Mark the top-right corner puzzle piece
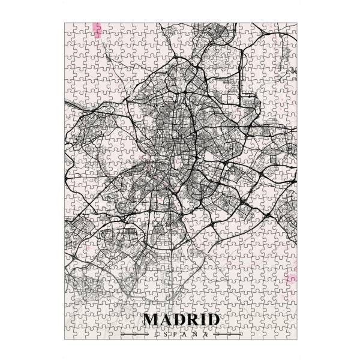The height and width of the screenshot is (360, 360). point(292,28)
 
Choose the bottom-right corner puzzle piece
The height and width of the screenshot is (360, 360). point(292,335)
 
